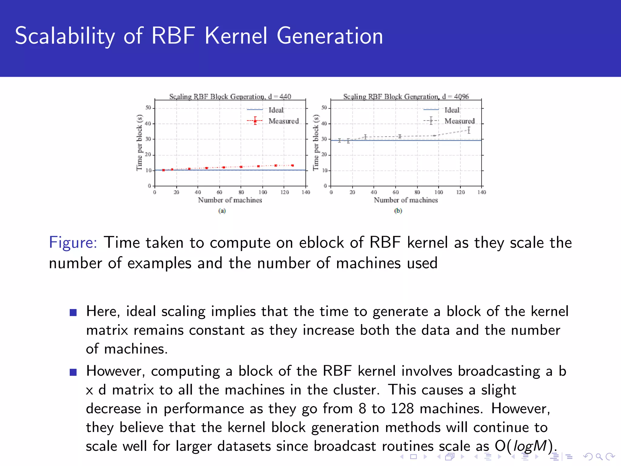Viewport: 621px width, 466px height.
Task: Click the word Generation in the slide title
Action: click(x=330, y=36)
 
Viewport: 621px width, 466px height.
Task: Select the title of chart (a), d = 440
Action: click(x=230, y=96)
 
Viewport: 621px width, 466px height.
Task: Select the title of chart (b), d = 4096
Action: click(x=406, y=96)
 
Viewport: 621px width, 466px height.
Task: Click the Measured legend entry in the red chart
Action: click(x=283, y=121)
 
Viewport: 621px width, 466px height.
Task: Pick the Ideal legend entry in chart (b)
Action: click(x=451, y=110)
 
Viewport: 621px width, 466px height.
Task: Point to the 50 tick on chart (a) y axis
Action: click(x=148, y=108)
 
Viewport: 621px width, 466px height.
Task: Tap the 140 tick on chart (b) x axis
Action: click(x=482, y=192)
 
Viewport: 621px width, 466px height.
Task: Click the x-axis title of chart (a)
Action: click(x=230, y=200)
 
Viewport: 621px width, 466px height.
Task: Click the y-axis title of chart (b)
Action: click(x=316, y=143)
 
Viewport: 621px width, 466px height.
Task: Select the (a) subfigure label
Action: click(x=222, y=211)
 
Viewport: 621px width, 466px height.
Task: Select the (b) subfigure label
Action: click(x=398, y=211)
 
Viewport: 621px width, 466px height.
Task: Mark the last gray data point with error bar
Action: click(x=469, y=130)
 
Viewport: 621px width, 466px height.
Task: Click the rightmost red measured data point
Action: click(x=293, y=165)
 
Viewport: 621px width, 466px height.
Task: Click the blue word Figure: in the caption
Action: click(x=73, y=243)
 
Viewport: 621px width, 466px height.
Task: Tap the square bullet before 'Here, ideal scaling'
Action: click(x=73, y=312)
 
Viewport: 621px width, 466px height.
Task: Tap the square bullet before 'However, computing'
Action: click(x=73, y=372)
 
